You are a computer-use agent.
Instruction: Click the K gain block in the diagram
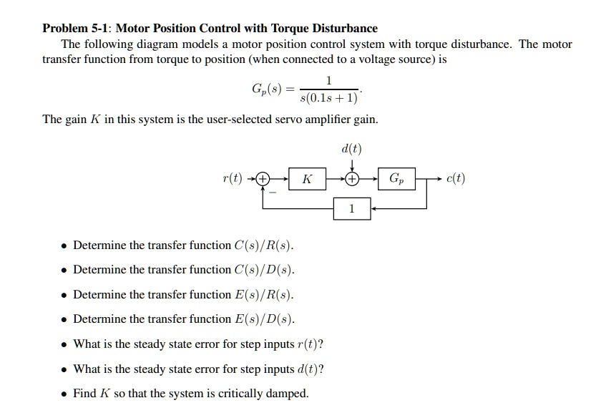click(x=307, y=179)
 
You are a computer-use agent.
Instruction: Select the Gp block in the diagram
click(x=398, y=179)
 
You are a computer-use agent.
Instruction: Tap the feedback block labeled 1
click(x=351, y=208)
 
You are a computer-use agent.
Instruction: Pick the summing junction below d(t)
click(x=351, y=179)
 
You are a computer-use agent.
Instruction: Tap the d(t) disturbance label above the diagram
click(x=351, y=150)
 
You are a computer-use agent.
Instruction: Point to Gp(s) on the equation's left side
click(x=267, y=89)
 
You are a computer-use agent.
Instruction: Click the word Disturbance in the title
click(x=343, y=29)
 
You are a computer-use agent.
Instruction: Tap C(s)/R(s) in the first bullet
click(x=263, y=246)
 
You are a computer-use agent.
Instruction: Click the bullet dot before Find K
click(x=64, y=394)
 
